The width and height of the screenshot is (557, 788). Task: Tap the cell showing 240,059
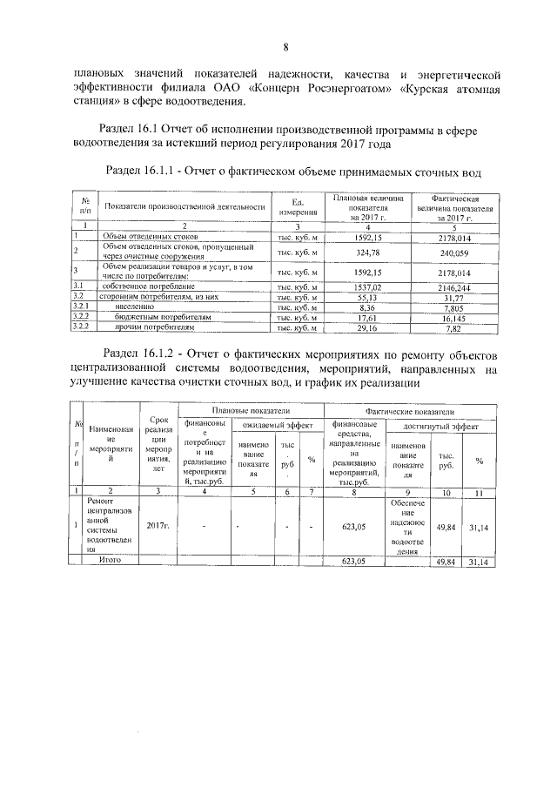coord(461,253)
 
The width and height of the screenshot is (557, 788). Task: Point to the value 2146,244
coord(461,286)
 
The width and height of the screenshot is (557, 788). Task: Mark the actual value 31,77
coord(461,297)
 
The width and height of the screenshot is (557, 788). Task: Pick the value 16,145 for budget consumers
coord(461,318)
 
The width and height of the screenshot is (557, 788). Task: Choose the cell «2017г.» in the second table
coord(158,525)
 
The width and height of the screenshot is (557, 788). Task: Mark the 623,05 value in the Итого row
coord(357,562)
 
